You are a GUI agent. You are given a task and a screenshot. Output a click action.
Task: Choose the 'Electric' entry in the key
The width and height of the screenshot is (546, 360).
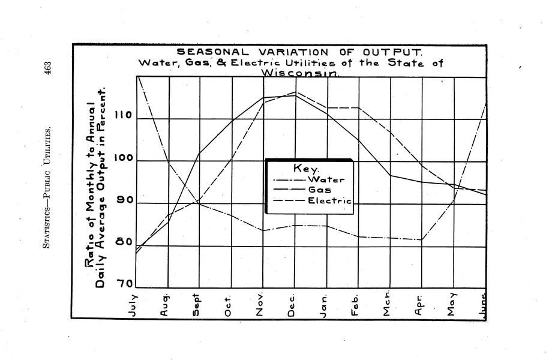click(x=329, y=200)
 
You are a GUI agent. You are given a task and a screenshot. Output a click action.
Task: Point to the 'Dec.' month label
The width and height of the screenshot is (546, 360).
click(x=291, y=304)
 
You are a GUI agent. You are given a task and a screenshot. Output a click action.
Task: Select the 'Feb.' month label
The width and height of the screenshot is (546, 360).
click(x=355, y=304)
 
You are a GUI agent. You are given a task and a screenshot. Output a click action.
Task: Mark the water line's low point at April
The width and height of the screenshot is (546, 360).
click(x=422, y=240)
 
